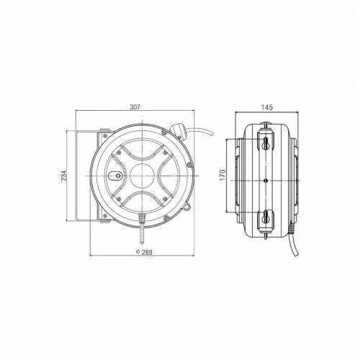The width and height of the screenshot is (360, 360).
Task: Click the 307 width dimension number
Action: tap(135, 107)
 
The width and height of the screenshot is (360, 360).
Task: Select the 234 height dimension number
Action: tap(63, 176)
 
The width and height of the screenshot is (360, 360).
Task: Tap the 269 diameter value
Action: tap(147, 252)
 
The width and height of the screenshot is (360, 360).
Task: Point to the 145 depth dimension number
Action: tap(267, 107)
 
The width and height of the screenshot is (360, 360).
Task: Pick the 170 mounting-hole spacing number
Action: tap(223, 175)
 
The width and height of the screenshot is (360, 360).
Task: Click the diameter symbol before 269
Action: tap(138, 252)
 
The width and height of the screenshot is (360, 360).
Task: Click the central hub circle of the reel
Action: tap(142, 176)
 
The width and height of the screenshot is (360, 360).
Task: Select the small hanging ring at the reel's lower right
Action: tap(187, 206)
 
